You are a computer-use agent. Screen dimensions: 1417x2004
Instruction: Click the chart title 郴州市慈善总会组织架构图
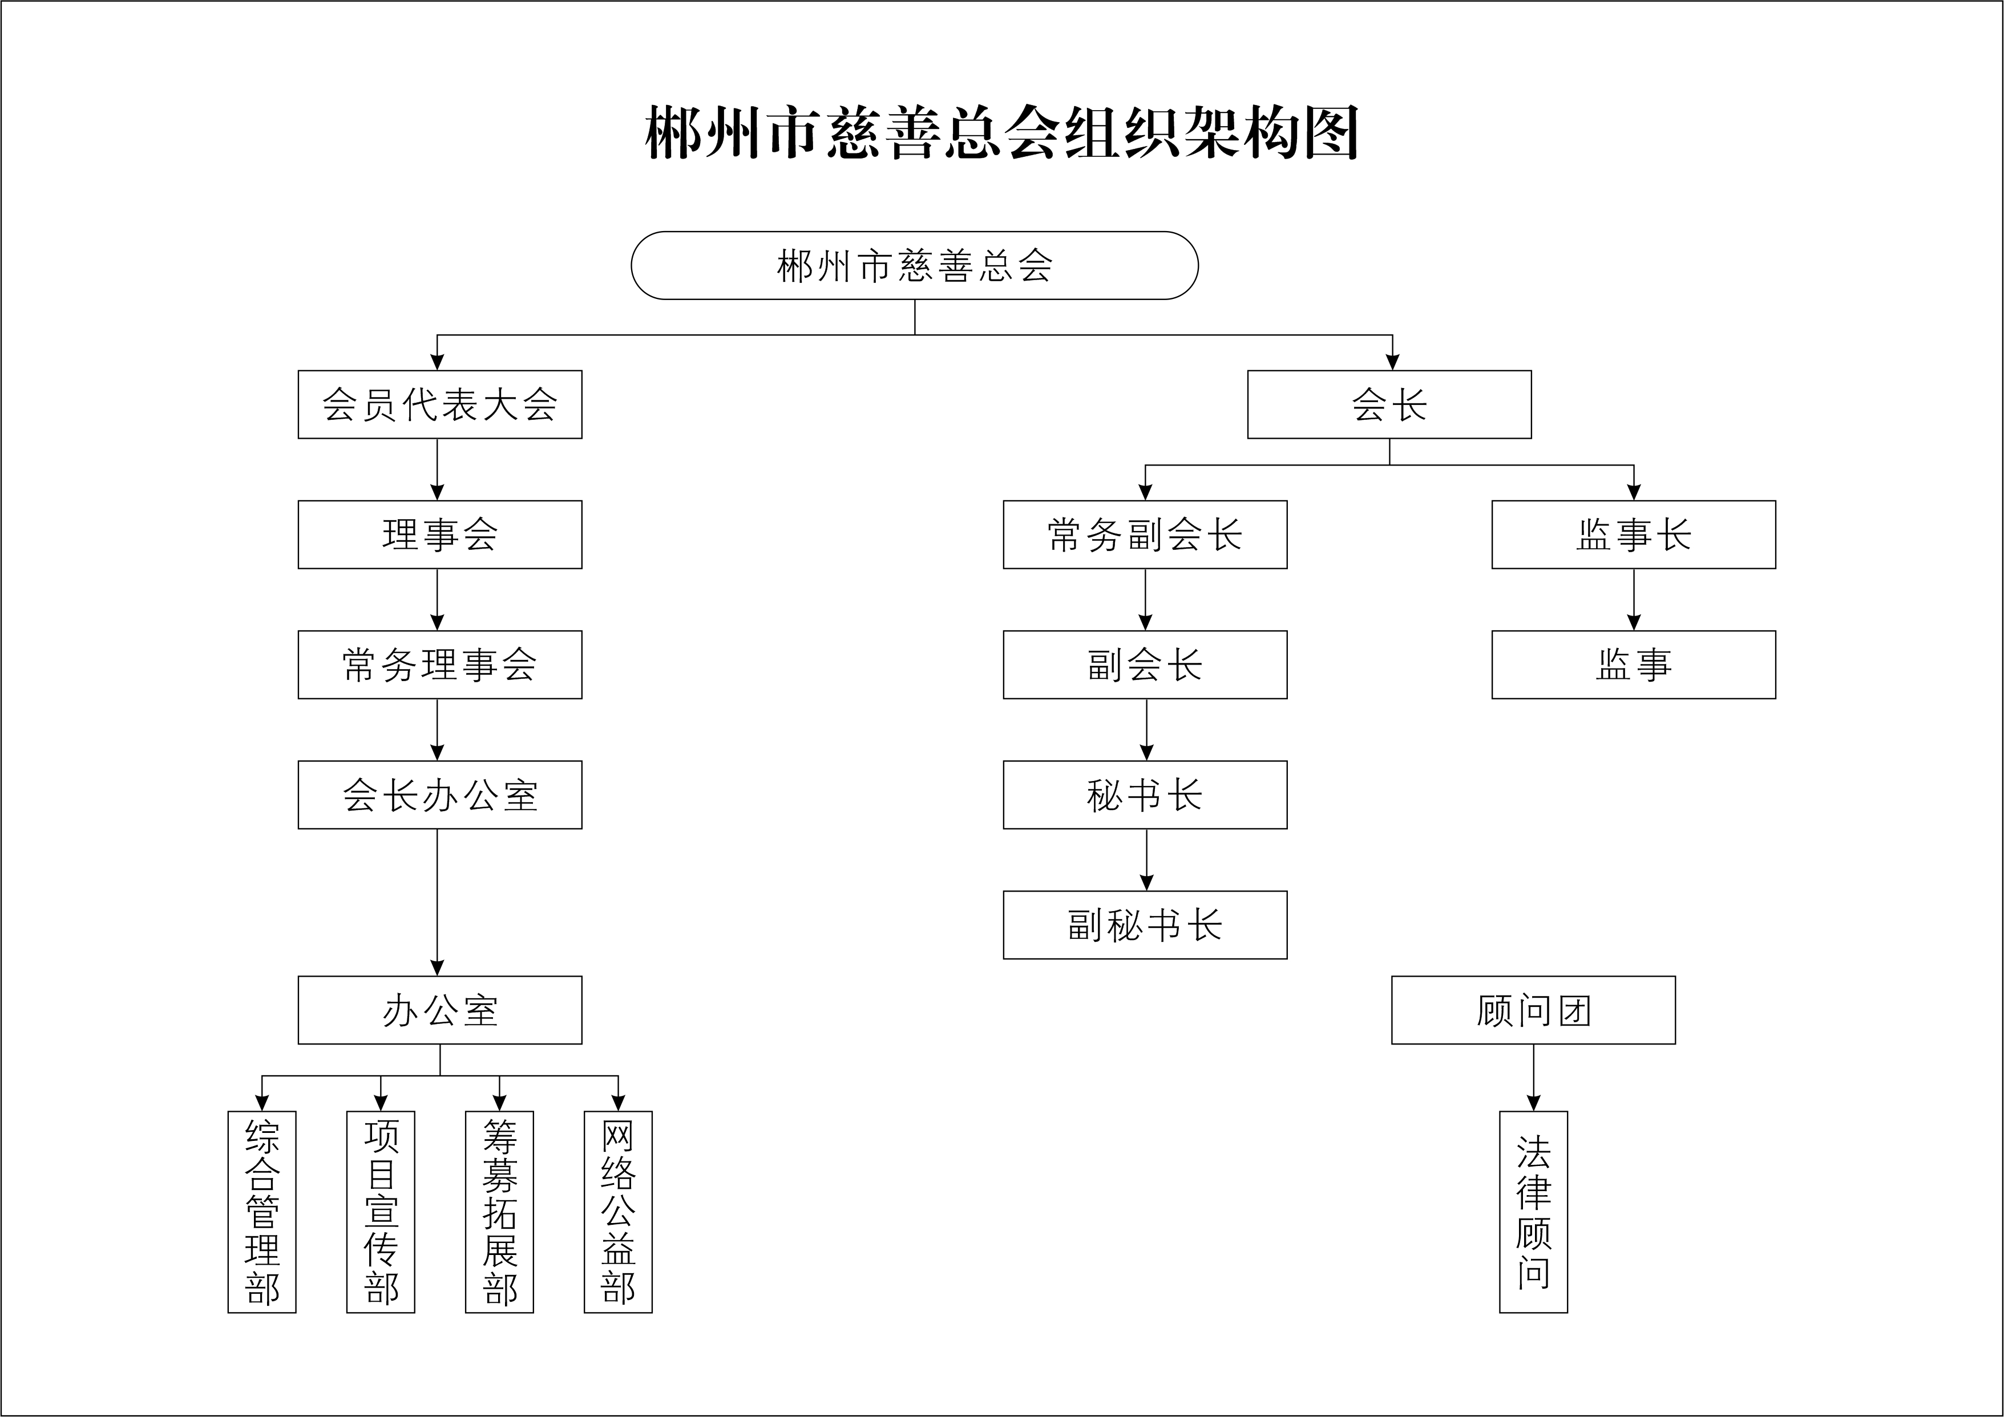[1001, 133]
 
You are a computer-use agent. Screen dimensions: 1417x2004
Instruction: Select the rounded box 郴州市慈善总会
[914, 265]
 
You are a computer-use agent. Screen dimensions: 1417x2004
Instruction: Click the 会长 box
[1389, 404]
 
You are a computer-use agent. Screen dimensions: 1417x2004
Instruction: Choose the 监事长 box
[1633, 534]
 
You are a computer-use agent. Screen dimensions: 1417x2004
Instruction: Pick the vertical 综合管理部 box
[262, 1211]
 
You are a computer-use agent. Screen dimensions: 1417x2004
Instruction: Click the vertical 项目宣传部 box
[381, 1211]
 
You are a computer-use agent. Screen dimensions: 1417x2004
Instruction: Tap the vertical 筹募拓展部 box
[499, 1211]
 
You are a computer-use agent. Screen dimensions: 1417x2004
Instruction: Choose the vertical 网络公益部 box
[618, 1211]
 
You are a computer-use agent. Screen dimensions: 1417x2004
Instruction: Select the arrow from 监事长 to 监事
[1634, 600]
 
